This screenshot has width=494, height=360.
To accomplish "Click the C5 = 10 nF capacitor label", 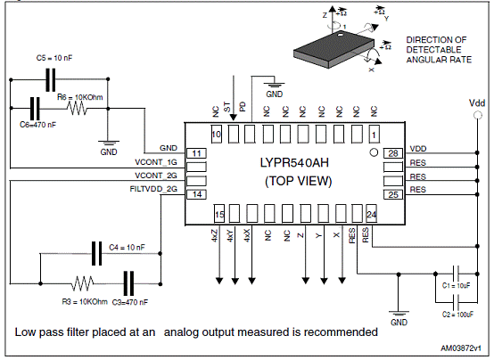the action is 54,58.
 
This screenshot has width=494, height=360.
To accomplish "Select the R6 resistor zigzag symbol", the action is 77,109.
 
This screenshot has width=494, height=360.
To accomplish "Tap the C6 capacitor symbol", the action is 35,108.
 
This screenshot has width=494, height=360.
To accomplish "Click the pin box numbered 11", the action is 196,153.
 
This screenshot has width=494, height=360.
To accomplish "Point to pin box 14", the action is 196,194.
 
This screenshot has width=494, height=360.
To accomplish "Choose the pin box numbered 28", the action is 393,153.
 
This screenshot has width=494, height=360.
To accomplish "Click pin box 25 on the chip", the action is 393,194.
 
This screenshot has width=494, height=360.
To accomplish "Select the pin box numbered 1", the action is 374,135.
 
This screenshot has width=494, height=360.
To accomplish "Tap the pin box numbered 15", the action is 219,214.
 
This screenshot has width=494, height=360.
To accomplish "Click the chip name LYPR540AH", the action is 294,163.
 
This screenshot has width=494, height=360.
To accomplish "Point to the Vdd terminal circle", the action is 478,115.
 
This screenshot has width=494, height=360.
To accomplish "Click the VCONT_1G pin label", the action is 156,162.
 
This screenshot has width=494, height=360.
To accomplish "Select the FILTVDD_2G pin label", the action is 153,189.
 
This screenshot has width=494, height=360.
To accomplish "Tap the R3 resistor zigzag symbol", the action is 82,283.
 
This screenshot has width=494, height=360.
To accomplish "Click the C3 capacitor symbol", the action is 128,283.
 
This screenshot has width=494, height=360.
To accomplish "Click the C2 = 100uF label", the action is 457,315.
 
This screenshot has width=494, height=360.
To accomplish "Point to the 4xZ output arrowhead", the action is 219,281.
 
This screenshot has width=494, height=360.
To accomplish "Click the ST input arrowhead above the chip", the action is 233,117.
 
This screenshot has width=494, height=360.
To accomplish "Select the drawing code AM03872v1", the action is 461,348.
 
